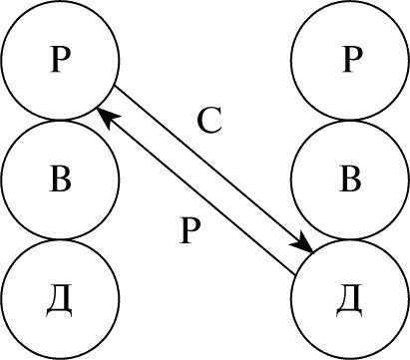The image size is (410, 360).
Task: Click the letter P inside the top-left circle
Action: pyautogui.click(x=60, y=59)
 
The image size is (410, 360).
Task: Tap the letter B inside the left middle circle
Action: pyautogui.click(x=60, y=179)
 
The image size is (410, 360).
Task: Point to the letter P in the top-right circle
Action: pyautogui.click(x=352, y=59)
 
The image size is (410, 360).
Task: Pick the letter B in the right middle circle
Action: pyautogui.click(x=350, y=179)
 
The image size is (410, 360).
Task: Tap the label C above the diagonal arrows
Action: pyautogui.click(x=209, y=121)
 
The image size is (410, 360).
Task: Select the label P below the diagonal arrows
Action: pyautogui.click(x=190, y=229)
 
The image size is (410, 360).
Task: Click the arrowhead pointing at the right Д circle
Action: pyautogui.click(x=302, y=243)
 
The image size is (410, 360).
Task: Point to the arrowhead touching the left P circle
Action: pyautogui.click(x=107, y=117)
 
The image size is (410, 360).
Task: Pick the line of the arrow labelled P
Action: pyautogui.click(x=196, y=191)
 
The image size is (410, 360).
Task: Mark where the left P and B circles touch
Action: pyautogui.click(x=60, y=120)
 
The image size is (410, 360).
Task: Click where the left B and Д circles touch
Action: pyautogui.click(x=60, y=239)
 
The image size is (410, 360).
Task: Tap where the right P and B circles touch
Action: pyautogui.click(x=351, y=120)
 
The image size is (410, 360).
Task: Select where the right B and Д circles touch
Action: pyautogui.click(x=351, y=239)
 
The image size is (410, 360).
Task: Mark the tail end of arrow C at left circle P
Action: pyautogui.click(x=115, y=86)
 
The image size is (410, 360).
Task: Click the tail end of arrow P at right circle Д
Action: pyautogui.click(x=295, y=275)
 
